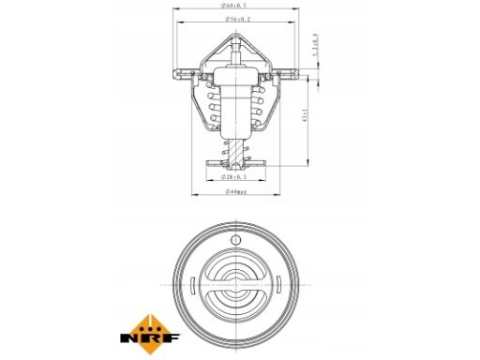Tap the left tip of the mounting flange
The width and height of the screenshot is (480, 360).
[174, 69]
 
